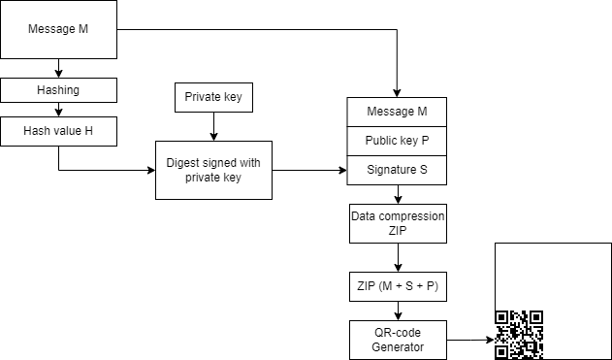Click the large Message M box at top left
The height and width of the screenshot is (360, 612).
point(59,30)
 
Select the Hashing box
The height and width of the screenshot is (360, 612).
point(59,89)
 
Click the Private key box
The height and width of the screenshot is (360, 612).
point(213,97)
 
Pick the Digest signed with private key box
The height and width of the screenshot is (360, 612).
point(213,170)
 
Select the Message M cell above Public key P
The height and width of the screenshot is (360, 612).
point(398,113)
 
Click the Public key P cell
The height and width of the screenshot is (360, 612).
point(398,141)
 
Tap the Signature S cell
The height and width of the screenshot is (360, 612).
point(398,170)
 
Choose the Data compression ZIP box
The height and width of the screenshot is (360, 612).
point(398,224)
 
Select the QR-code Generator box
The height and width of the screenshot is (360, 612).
point(398,340)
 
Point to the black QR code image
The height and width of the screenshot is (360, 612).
point(519,335)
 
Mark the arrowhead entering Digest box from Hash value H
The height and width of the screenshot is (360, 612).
point(150,170)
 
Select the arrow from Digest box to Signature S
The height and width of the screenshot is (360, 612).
point(310,170)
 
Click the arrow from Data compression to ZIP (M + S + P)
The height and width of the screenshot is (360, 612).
point(398,258)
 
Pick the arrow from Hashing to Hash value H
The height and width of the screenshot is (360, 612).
point(59,109)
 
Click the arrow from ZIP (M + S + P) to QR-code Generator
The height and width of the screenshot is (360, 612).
point(398,311)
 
